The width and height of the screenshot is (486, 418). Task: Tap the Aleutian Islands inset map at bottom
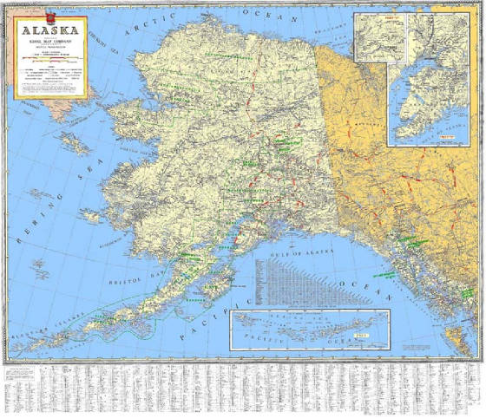309,330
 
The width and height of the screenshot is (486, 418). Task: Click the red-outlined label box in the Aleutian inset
364,333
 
